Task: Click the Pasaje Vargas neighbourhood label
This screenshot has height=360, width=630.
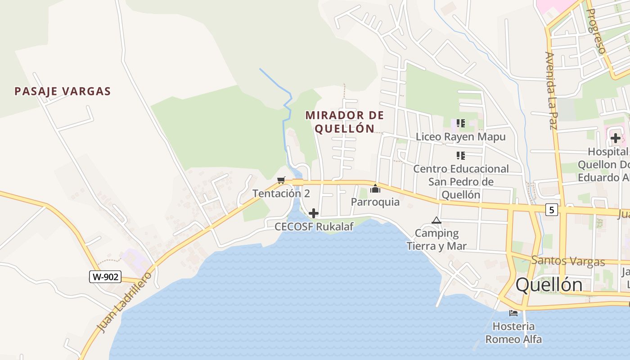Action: (x=63, y=91)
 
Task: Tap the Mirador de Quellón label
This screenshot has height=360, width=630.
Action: (x=345, y=122)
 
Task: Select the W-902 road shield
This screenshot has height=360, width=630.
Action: (x=105, y=277)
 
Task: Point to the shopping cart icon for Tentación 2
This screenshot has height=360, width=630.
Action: (x=281, y=180)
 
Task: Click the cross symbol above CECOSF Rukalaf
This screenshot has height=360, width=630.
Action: (x=314, y=213)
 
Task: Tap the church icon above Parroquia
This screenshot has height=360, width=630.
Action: (x=375, y=188)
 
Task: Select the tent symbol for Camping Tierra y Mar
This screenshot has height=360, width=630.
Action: (x=436, y=220)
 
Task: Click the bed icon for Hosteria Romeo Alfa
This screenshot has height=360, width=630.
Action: (x=513, y=313)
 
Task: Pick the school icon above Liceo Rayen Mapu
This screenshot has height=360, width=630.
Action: (x=461, y=123)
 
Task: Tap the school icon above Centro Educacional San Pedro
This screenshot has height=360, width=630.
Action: (x=461, y=156)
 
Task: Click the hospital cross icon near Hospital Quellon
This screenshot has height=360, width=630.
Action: (x=616, y=138)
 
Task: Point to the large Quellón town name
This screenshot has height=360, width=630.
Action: (x=549, y=284)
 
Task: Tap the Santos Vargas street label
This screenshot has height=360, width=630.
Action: (x=568, y=261)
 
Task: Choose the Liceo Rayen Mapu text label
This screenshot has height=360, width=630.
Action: (x=461, y=136)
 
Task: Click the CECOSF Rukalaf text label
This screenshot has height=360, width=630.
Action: (x=314, y=226)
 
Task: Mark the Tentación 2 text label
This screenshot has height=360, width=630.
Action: (x=281, y=193)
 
